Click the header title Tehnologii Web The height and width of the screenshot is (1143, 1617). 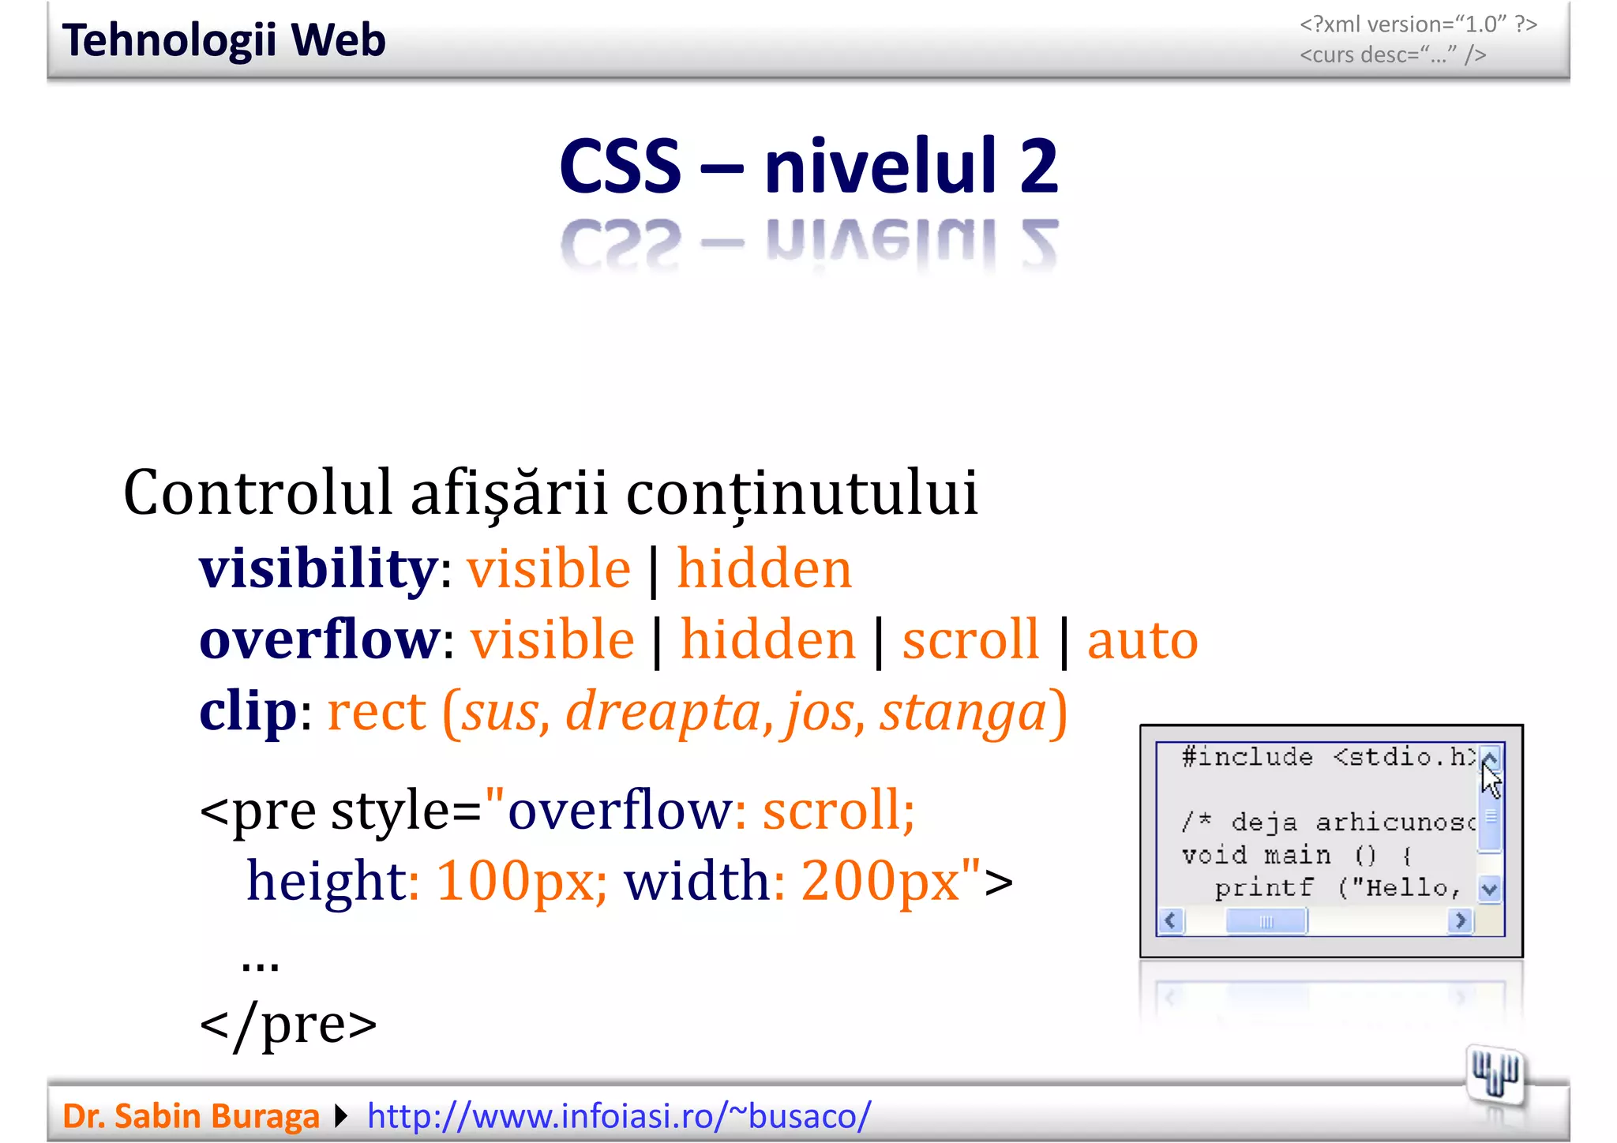point(223,40)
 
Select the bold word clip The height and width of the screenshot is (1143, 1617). point(248,710)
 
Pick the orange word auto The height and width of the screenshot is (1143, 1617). point(1142,639)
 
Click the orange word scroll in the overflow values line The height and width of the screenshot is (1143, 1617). point(970,639)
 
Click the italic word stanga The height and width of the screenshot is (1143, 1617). point(963,712)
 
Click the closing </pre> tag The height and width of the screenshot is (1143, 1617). point(288,1024)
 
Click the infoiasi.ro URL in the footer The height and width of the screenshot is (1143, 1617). point(619,1116)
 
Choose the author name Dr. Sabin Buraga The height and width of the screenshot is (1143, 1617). point(190,1116)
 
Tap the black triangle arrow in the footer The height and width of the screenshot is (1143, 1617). point(341,1116)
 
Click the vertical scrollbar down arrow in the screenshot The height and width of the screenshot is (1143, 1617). point(1490,890)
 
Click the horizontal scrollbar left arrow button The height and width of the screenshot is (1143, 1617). point(1171,920)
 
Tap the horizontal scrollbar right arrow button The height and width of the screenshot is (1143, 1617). point(1461,920)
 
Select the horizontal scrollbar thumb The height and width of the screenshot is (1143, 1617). point(1266,921)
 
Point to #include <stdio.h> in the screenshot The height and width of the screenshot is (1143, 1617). point(1326,757)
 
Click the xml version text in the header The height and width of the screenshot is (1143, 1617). point(1418,24)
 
